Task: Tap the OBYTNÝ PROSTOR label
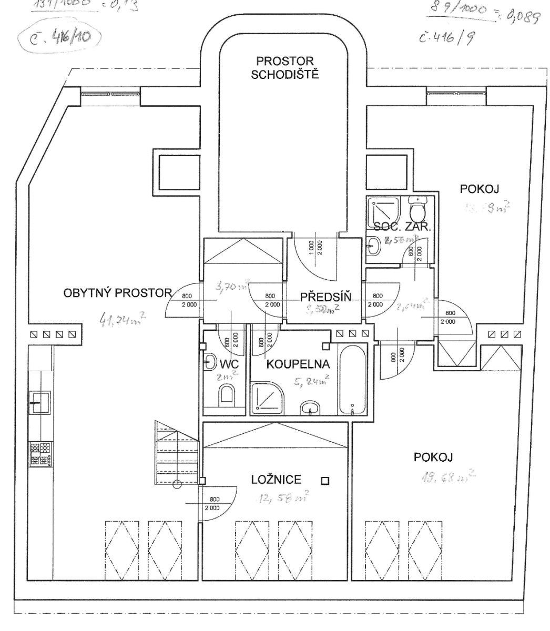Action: pos(118,292)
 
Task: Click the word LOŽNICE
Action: pos(276,479)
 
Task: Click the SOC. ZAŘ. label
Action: pos(402,228)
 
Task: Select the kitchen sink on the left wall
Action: pos(39,403)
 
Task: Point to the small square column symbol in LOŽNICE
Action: pos(325,481)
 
